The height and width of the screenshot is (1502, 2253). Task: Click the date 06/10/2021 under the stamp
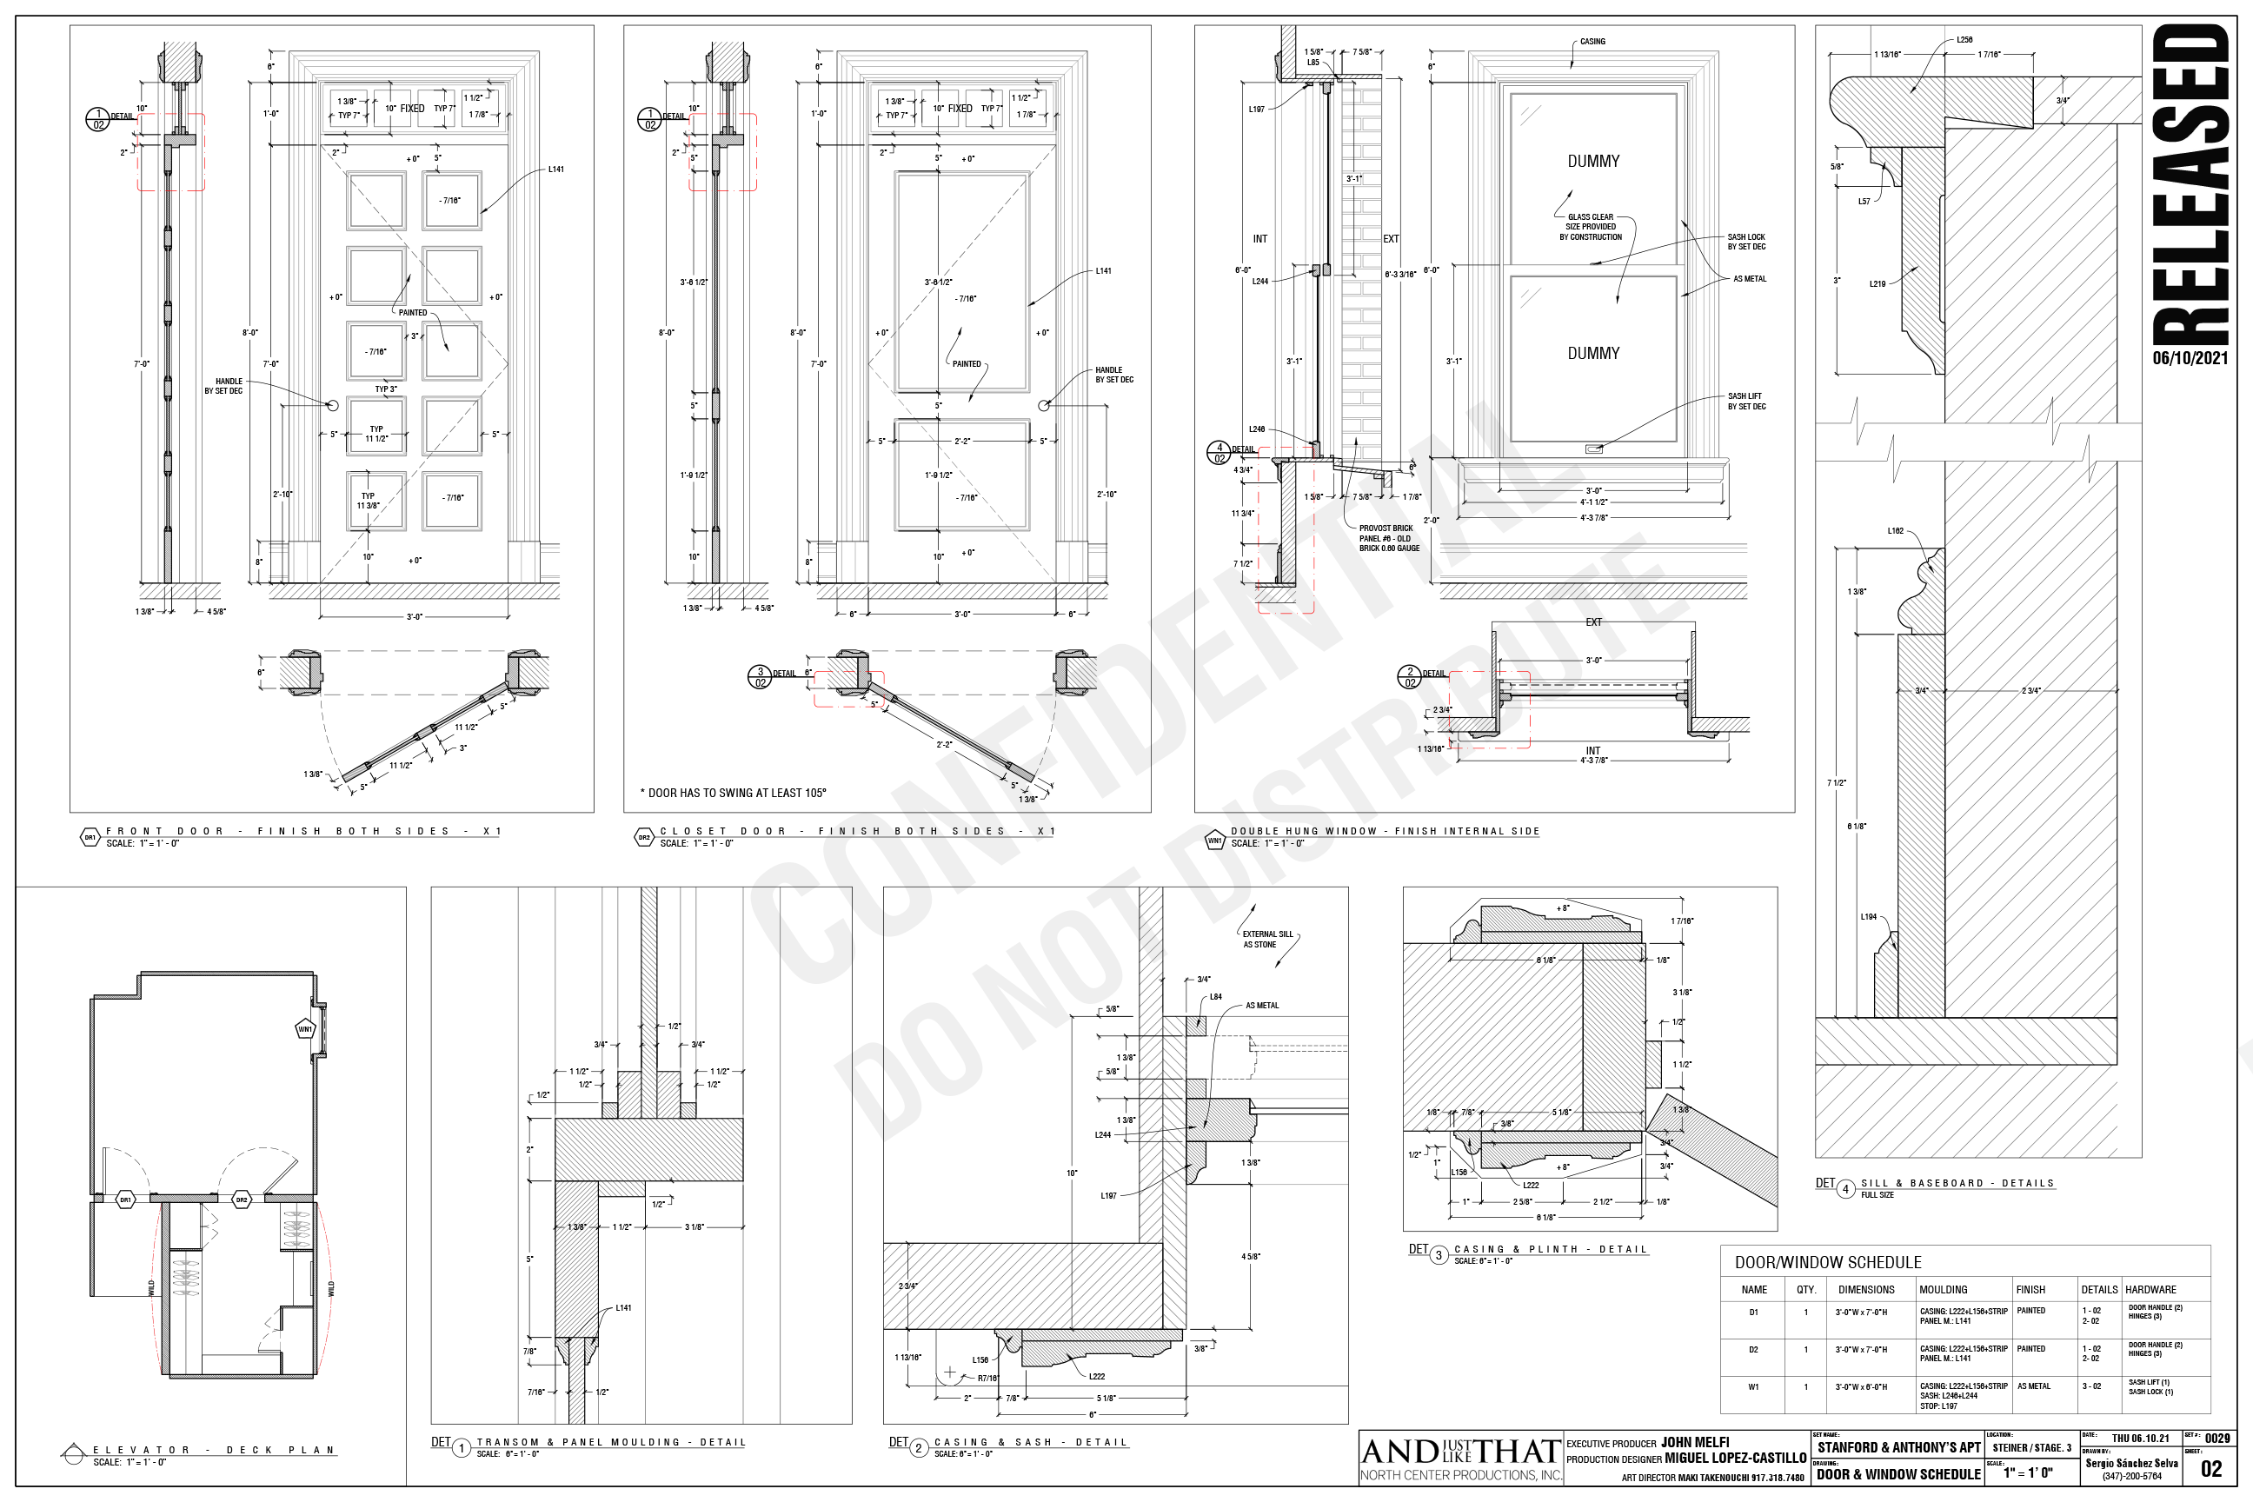pyautogui.click(x=2190, y=358)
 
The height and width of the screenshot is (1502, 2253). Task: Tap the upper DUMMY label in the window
pyautogui.click(x=1593, y=161)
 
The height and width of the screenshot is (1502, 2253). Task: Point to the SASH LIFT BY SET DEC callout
pyautogui.click(x=1746, y=402)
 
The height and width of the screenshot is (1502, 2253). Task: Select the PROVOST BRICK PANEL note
pyautogui.click(x=1388, y=538)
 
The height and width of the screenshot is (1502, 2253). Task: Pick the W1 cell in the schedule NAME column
pyautogui.click(x=1753, y=1387)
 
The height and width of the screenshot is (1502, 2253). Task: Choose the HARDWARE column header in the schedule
pyautogui.click(x=2150, y=1289)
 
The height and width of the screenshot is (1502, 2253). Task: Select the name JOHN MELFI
pyautogui.click(x=1695, y=1443)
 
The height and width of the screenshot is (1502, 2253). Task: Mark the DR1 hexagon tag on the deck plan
pyautogui.click(x=125, y=1200)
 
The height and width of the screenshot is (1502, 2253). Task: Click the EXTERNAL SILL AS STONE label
pyautogui.click(x=1266, y=939)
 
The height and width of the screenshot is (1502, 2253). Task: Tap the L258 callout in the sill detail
pyautogui.click(x=1964, y=40)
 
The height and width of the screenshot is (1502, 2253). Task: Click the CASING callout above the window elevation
pyautogui.click(x=1592, y=42)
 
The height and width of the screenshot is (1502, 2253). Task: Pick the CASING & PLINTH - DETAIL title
pyautogui.click(x=1550, y=1249)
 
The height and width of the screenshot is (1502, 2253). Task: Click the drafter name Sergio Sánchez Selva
pyautogui.click(x=2131, y=1463)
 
